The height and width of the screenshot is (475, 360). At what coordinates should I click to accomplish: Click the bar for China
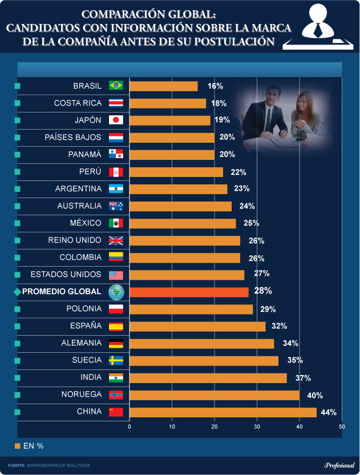[223, 412]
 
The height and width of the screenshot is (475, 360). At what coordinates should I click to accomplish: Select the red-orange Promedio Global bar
[189, 292]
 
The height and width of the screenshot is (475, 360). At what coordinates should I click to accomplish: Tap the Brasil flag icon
[116, 86]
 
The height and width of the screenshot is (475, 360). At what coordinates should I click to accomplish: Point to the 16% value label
[215, 86]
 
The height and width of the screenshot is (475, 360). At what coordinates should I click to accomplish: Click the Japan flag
[116, 120]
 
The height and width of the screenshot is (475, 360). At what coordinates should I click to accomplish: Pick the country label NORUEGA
[81, 395]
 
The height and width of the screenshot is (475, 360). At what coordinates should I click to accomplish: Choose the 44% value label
[329, 412]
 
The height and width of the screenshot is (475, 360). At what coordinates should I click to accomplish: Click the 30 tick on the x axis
[257, 426]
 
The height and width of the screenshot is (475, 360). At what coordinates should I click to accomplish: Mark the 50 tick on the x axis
[342, 426]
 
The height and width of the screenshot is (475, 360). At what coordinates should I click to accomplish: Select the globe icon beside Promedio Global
[116, 292]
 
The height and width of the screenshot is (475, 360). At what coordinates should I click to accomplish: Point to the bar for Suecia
[204, 360]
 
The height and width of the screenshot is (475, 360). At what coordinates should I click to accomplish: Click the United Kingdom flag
[116, 240]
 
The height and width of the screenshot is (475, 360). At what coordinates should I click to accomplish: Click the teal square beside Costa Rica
[17, 103]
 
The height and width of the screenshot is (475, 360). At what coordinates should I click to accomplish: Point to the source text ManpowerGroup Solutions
[58, 466]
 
